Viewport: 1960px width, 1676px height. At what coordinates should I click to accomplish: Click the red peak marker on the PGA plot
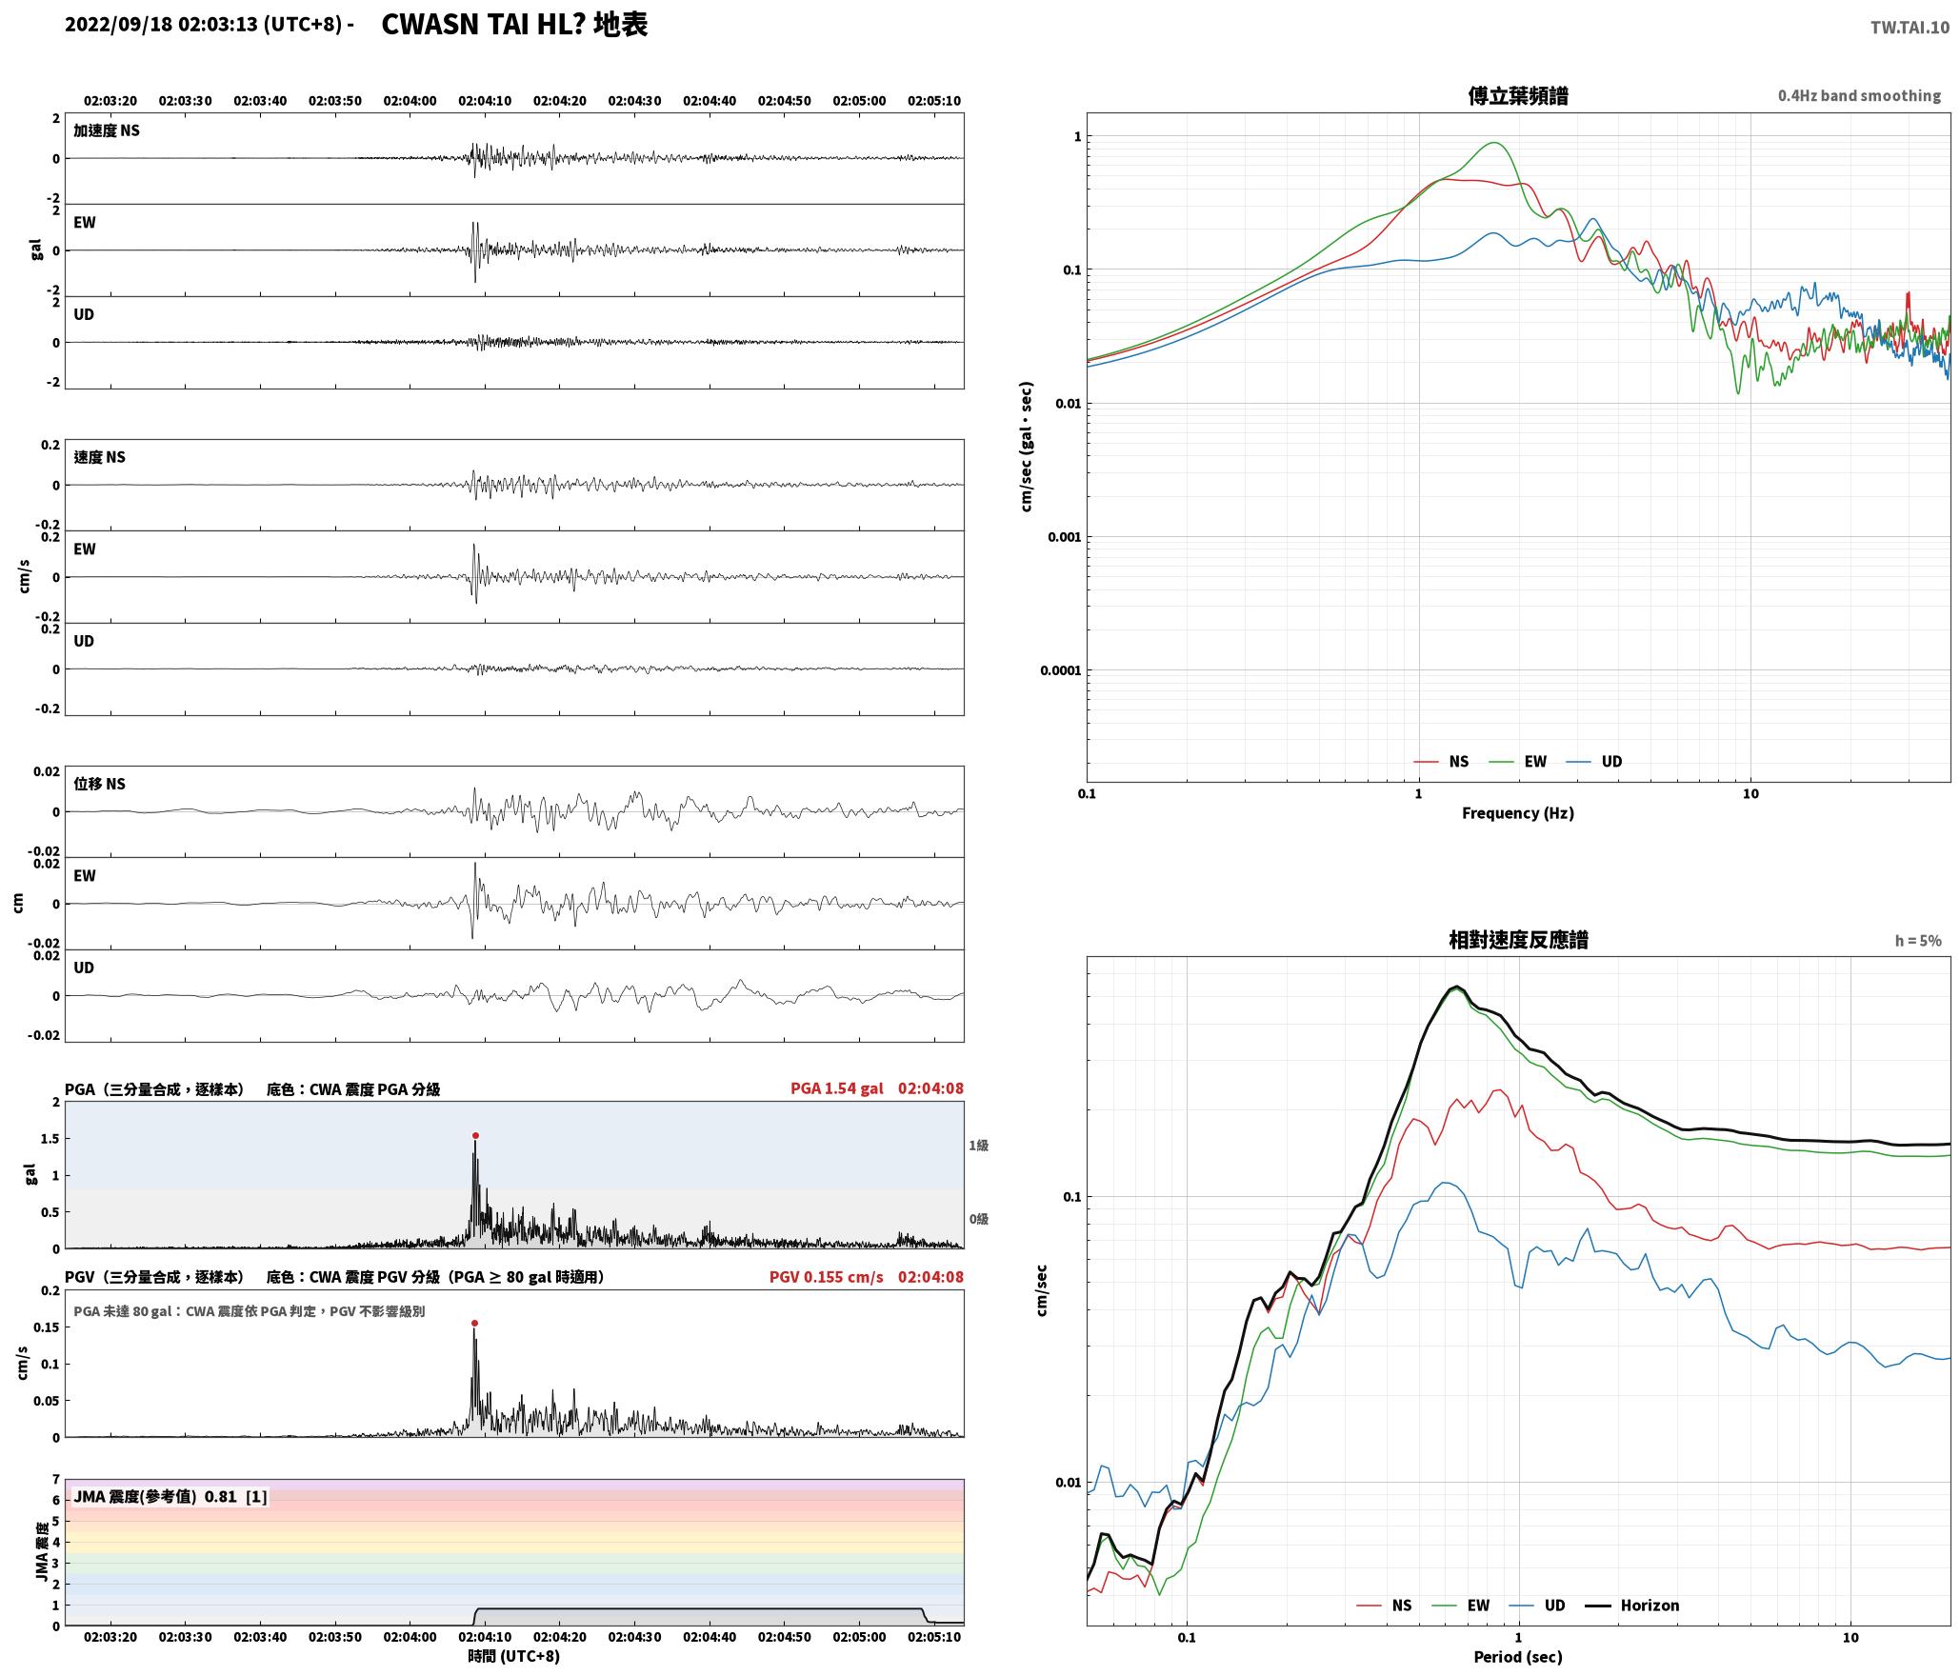coord(475,1135)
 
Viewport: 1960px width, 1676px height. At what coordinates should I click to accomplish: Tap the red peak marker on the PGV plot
coord(474,1323)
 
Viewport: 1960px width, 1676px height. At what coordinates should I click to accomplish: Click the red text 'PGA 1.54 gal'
coord(837,1088)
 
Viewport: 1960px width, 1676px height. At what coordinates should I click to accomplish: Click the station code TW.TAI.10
coord(1910,28)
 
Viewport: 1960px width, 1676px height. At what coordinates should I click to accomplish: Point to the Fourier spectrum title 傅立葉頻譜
coord(1518,96)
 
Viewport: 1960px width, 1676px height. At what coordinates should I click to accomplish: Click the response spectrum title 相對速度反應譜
coord(1518,940)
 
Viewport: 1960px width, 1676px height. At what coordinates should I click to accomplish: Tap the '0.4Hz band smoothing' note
coord(1859,96)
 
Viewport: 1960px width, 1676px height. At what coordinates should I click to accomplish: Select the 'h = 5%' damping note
coord(1918,941)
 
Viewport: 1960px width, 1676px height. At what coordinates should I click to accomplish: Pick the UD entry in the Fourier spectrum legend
coord(1595,762)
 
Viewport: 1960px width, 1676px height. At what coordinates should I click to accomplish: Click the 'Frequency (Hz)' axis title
coord(1518,813)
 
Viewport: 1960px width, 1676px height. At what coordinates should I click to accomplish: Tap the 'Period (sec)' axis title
coord(1518,1658)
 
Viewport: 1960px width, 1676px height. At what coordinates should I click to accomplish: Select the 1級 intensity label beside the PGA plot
coord(978,1146)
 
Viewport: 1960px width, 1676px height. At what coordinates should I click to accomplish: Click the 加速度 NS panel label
coord(107,130)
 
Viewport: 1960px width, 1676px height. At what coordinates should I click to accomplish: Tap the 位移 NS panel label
coord(100,784)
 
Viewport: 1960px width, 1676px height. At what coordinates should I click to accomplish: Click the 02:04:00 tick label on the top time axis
coord(410,101)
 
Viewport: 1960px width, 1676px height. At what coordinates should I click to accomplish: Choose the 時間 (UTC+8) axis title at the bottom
coord(513,1657)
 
